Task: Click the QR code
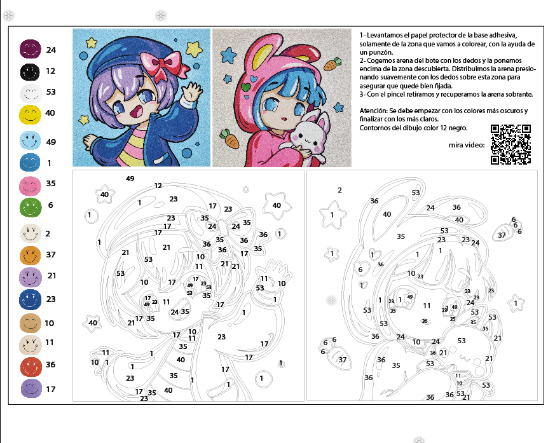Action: [510, 144]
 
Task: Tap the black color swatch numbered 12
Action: [30, 72]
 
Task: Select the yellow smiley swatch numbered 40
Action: [30, 114]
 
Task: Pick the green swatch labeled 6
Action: [31, 208]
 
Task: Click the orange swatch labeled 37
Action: [30, 255]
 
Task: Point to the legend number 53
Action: [51, 92]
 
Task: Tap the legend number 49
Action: [51, 142]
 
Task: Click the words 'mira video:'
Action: [467, 145]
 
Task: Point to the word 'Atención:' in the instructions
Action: [374, 111]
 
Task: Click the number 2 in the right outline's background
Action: [339, 190]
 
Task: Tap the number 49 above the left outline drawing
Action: [130, 179]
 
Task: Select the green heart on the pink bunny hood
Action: [246, 86]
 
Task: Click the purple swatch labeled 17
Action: [31, 388]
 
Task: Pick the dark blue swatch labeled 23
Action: [30, 300]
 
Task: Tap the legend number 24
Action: [51, 50]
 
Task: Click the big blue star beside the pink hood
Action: [229, 55]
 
